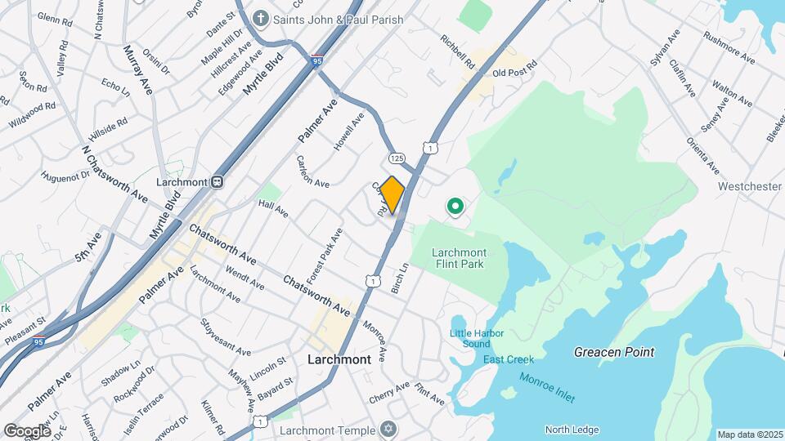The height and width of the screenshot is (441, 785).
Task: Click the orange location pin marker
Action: (x=392, y=194)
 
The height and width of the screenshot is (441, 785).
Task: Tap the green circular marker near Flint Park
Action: (x=454, y=207)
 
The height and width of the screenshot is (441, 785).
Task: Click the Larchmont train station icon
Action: (x=218, y=181)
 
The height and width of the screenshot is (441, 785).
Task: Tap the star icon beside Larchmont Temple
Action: (x=388, y=430)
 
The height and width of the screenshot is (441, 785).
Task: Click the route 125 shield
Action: (x=397, y=158)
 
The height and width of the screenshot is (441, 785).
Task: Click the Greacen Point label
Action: (x=613, y=352)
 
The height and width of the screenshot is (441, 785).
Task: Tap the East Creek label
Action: (x=508, y=359)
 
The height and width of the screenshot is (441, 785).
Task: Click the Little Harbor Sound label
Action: (x=476, y=338)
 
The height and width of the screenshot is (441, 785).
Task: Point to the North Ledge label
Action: (x=572, y=430)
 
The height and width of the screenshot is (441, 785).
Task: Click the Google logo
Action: (x=27, y=430)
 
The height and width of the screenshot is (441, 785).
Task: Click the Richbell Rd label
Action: (x=457, y=51)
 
